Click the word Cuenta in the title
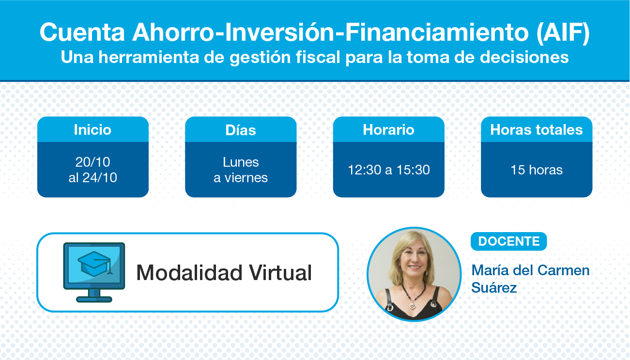[x=82, y=32]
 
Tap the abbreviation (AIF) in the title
[x=563, y=32]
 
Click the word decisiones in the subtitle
[x=524, y=57]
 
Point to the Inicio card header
[x=93, y=130]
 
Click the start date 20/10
[x=92, y=162]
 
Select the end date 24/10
[x=100, y=178]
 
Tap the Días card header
[x=241, y=130]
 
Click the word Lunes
[x=241, y=162]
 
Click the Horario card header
[x=389, y=130]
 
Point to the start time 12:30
[x=365, y=170]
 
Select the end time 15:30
[x=413, y=170]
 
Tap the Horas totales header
[x=537, y=130]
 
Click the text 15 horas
[x=537, y=170]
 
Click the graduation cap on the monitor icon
[x=95, y=264]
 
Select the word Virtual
[x=280, y=273]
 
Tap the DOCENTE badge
[x=509, y=241]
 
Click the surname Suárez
[x=494, y=288]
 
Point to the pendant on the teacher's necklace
[x=413, y=305]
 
